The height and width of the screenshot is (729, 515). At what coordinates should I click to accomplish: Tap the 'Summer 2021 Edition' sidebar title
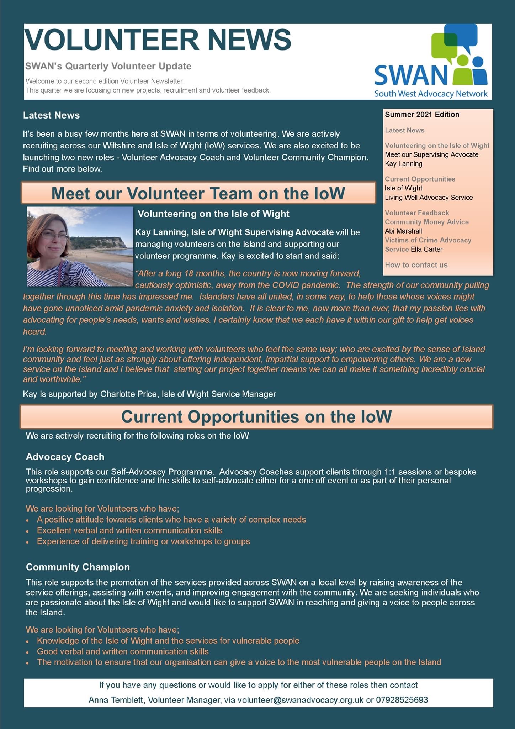click(422, 115)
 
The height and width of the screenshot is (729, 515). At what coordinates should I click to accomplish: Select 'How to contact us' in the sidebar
click(416, 265)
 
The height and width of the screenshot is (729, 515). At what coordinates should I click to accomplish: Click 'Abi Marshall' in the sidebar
click(403, 231)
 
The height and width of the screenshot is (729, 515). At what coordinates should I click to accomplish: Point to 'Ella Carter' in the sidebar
click(426, 249)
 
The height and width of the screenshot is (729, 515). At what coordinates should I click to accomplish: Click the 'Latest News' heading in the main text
click(51, 115)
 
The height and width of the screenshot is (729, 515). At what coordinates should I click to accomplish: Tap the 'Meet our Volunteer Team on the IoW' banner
click(198, 193)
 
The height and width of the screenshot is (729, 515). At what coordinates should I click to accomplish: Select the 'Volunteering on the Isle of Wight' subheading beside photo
click(213, 214)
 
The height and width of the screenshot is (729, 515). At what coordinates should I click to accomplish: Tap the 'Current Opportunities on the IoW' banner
click(256, 416)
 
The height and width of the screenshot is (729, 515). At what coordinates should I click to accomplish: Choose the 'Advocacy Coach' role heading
click(65, 457)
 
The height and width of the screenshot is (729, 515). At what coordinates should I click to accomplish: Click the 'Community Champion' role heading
click(78, 567)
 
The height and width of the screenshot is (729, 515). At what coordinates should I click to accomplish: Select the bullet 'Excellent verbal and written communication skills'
click(129, 530)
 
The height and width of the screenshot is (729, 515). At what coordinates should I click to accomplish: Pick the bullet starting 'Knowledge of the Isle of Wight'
click(168, 641)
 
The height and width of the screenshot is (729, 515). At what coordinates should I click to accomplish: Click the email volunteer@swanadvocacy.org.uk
click(301, 700)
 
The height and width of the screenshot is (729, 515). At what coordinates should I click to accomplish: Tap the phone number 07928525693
click(402, 700)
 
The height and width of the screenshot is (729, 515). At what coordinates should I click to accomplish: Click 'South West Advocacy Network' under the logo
click(431, 94)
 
